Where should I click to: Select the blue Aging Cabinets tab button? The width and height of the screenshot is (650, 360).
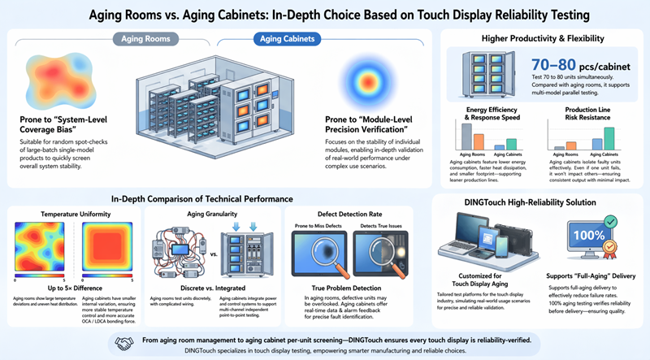point(275,38)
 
